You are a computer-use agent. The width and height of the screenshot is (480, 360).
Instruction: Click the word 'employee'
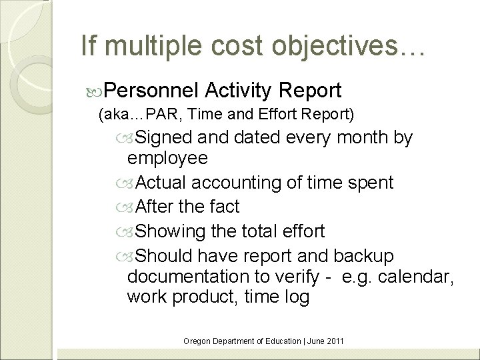pyautogui.click(x=167, y=159)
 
